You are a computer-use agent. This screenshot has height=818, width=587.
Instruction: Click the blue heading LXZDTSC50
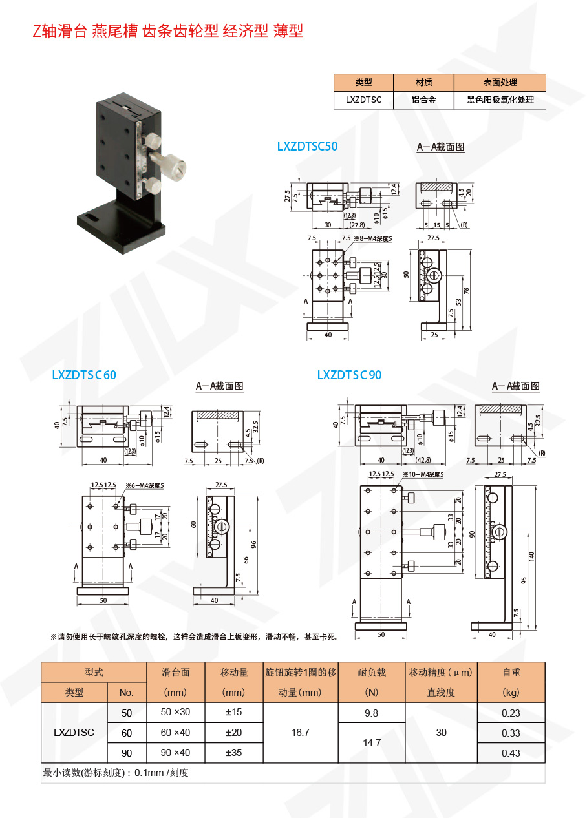[x=307, y=147]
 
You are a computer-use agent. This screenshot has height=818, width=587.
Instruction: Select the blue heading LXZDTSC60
[x=84, y=375]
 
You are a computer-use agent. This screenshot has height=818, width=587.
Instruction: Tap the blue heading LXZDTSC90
[x=349, y=375]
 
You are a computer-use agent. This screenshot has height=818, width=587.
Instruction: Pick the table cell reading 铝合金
[x=423, y=100]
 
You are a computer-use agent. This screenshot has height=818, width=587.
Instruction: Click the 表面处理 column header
[x=500, y=83]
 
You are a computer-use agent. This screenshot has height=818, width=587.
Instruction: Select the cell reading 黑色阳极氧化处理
[x=500, y=100]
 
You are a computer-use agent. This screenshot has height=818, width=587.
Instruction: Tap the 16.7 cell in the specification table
[x=301, y=733]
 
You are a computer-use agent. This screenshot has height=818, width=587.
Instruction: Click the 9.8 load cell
[x=371, y=713]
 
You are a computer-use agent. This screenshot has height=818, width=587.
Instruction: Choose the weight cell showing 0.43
[x=511, y=753]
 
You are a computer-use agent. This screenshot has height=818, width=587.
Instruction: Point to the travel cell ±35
[x=233, y=753]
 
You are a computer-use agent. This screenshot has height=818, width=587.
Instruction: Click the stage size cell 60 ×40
[x=175, y=733]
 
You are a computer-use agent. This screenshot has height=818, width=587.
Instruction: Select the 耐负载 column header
[x=371, y=673]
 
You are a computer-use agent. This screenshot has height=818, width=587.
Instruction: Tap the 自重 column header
[x=511, y=673]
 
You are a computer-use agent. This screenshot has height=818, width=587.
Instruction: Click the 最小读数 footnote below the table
[x=116, y=773]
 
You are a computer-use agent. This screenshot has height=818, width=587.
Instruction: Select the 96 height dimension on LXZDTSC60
[x=253, y=543]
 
